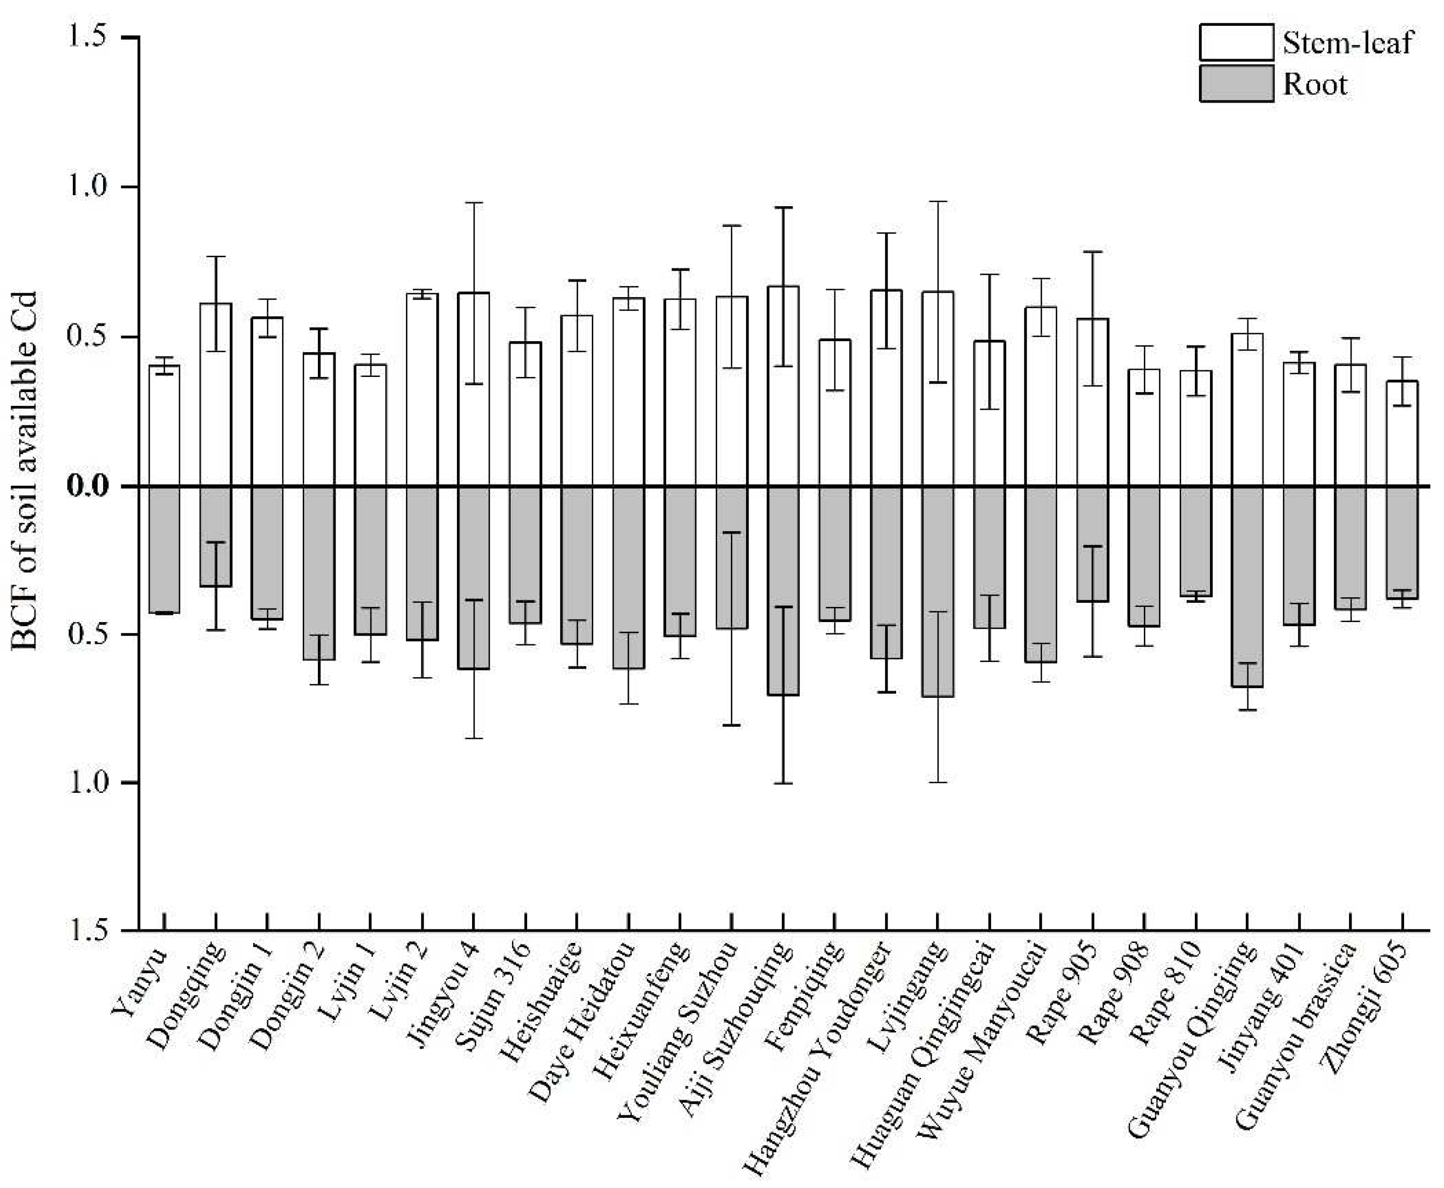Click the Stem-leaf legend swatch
[1236, 42]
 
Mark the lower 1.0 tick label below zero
[88, 782]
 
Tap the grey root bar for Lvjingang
[938, 591]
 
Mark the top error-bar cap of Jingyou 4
[474, 203]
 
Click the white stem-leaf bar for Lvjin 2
[422, 390]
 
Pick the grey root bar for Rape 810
[1195, 541]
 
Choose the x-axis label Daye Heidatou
[582, 1020]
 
